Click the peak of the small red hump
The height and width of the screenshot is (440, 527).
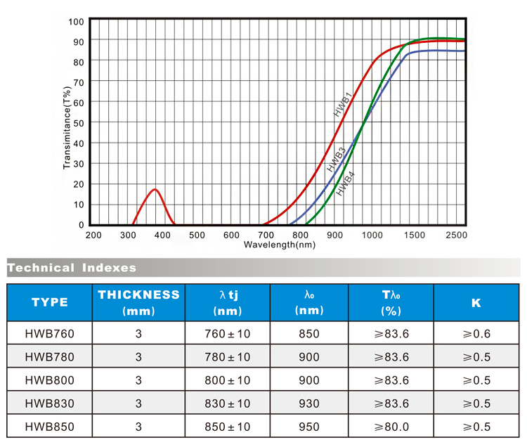pyautogui.click(x=155, y=190)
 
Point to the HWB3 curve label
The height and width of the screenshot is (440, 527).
pyautogui.click(x=336, y=160)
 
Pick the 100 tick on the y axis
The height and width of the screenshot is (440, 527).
pyautogui.click(x=76, y=21)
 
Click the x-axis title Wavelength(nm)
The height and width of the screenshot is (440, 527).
pyautogui.click(x=280, y=245)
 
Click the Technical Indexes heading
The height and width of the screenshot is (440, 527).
pyautogui.click(x=72, y=268)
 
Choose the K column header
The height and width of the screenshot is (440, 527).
pyautogui.click(x=476, y=302)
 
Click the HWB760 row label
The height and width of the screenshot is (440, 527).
pyautogui.click(x=49, y=334)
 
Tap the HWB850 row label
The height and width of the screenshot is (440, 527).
pyautogui.click(x=49, y=426)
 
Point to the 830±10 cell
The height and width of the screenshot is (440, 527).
pyautogui.click(x=228, y=403)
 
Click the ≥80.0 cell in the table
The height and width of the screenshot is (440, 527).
pyautogui.click(x=391, y=426)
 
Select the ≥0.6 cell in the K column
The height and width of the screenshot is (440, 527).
pyautogui.click(x=476, y=334)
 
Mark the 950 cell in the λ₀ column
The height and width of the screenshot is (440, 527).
pyautogui.click(x=309, y=426)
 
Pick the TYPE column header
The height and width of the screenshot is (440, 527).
pyautogui.click(x=49, y=302)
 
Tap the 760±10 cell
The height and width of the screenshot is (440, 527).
pyautogui.click(x=228, y=334)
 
